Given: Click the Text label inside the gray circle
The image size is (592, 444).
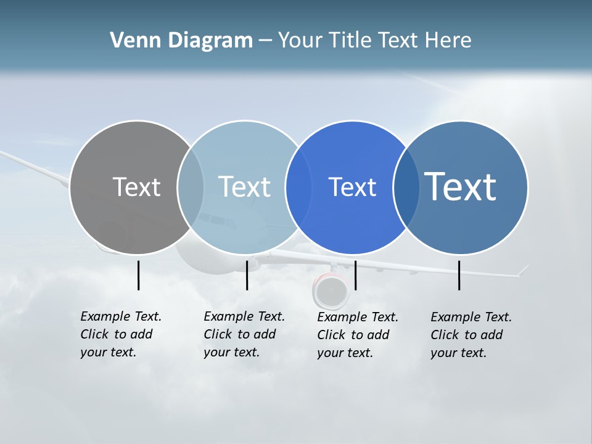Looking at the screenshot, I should coord(136,187).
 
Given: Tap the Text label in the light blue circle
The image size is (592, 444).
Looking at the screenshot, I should coord(244,187).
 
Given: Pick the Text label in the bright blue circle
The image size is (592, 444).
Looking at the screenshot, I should coord(352,187).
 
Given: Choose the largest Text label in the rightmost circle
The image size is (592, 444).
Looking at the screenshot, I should coord(460,187).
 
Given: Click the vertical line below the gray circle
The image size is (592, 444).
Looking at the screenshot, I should coord(138,275).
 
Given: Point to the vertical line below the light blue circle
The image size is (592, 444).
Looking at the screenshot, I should coord(247,275).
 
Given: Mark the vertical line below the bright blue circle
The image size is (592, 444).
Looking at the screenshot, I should coord(355,275).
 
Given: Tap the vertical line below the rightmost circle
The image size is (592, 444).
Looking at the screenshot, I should coord(459,275).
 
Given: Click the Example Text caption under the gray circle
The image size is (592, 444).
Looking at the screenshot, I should coord(121,334).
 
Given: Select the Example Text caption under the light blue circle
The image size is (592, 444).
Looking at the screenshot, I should coord(244,334).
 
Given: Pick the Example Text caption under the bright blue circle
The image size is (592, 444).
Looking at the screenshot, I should coord(358,335).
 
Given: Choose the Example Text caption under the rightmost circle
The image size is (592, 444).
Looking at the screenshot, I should coord(471,335).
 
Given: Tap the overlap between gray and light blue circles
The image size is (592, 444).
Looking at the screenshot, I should coord(191,187).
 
